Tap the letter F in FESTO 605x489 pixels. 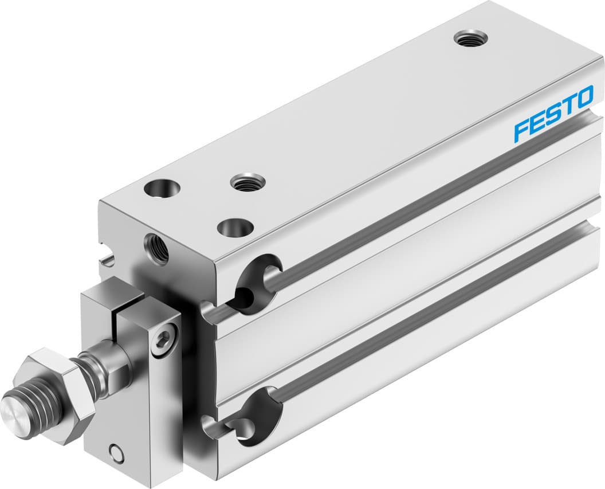click(x=522, y=130)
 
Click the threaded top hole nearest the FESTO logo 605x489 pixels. click(x=471, y=38)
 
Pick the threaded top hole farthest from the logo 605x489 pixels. click(x=247, y=183)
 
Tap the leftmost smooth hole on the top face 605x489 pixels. click(x=162, y=187)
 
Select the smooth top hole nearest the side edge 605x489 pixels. click(x=235, y=227)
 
